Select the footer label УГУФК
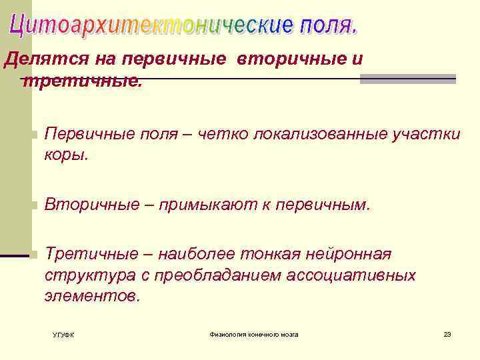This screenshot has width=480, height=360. point(63,335)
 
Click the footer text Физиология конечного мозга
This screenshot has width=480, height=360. point(254,334)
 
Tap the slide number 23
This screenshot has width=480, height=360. point(447,334)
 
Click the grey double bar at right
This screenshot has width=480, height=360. point(407,79)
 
